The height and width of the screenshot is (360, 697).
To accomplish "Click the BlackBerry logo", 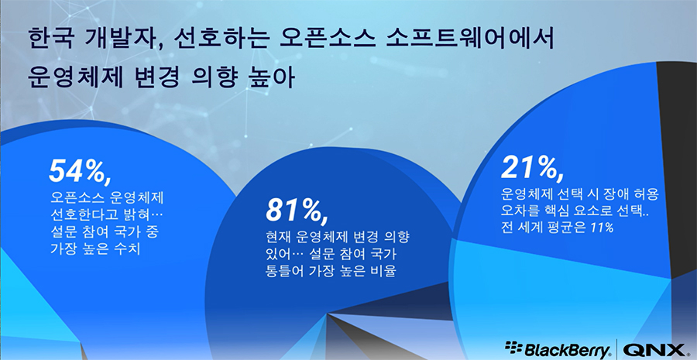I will (x=558, y=348).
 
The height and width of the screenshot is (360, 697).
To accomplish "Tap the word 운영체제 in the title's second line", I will (x=76, y=79).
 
